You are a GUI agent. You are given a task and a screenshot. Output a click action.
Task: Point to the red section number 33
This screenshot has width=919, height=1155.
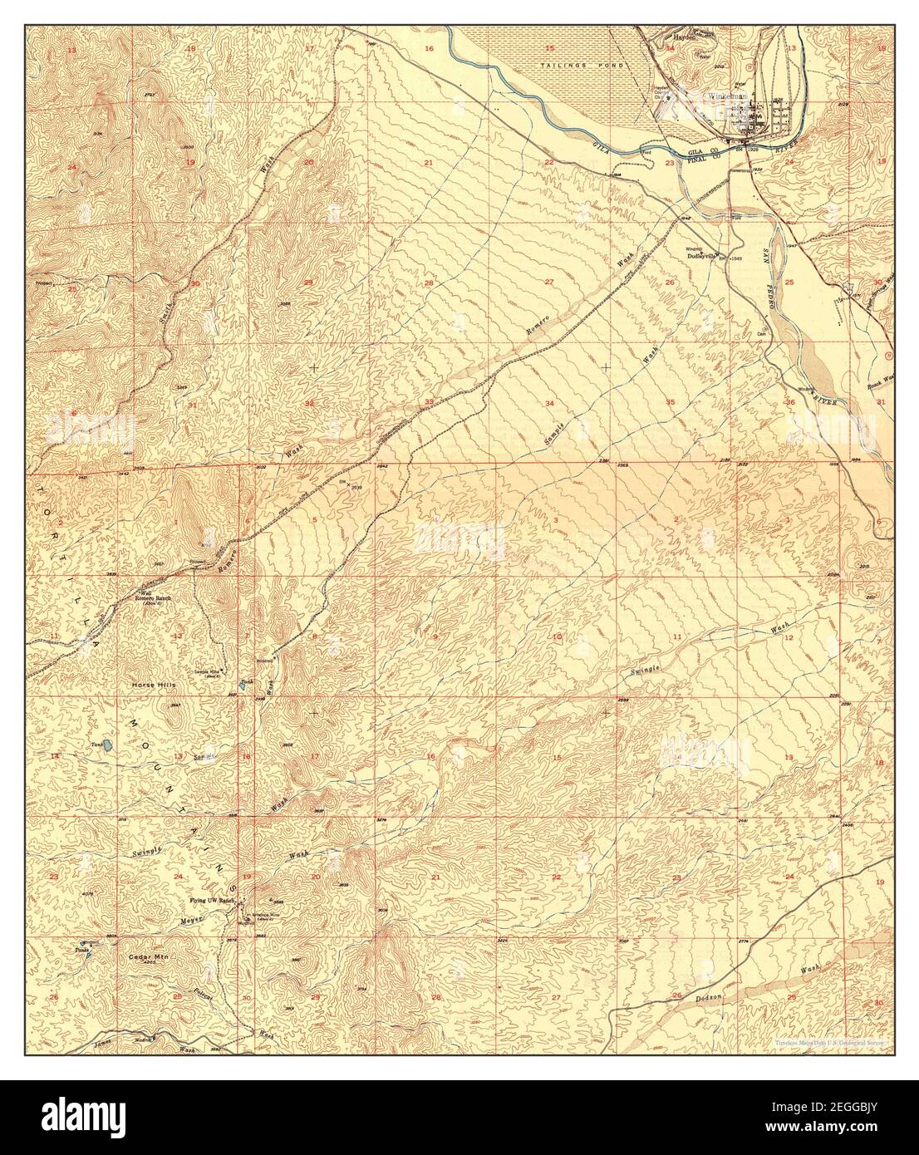[x=429, y=402]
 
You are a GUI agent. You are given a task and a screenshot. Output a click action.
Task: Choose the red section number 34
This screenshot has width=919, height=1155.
[x=549, y=403]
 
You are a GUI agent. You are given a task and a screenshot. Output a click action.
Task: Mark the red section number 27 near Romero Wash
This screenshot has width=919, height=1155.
[x=549, y=283]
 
